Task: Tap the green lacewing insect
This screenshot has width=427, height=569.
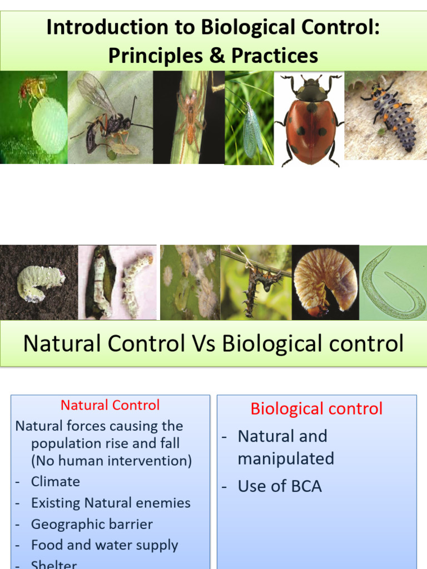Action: [x=252, y=129]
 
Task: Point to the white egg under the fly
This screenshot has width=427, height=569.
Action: [x=49, y=124]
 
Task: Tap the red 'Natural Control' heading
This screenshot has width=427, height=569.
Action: [x=110, y=405]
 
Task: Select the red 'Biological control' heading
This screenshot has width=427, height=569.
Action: [x=316, y=409]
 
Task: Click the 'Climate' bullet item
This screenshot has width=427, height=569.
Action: [x=56, y=481]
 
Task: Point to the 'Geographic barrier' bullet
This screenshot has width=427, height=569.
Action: [x=92, y=524]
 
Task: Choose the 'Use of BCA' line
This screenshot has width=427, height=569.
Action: [x=280, y=486]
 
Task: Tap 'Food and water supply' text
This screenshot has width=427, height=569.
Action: [x=105, y=545]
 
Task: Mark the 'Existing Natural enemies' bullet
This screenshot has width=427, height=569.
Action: [x=111, y=503]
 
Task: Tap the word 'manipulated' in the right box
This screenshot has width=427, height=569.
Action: [x=286, y=458]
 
